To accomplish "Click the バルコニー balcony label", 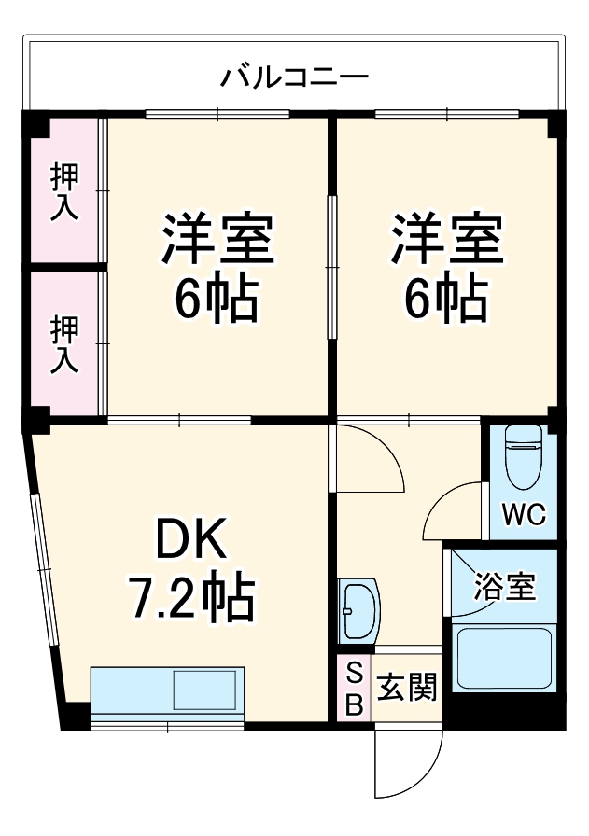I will (294, 76).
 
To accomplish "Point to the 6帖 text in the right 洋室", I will (445, 298).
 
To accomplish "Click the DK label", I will (191, 538).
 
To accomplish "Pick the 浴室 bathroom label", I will (505, 588).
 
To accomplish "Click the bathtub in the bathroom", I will (504, 658).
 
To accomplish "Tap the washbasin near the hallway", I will (358, 612).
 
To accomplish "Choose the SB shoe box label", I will (354, 690).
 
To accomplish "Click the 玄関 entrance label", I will (407, 690).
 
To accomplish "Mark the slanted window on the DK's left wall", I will (44, 569).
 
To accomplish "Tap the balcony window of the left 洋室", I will (217, 115).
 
